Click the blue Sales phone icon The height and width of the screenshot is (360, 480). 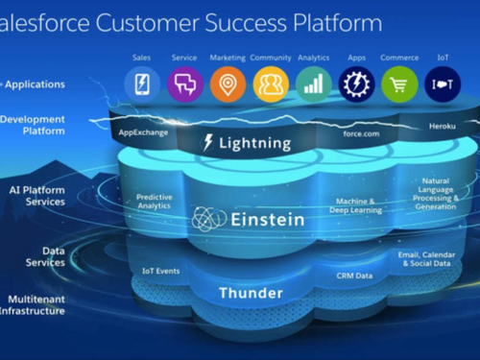[x=142, y=84]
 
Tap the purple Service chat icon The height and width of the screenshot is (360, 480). [x=184, y=84]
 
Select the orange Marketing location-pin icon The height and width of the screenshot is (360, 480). [x=228, y=84]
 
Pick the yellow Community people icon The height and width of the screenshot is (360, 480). [x=271, y=84]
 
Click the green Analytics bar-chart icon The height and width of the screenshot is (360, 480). [x=314, y=84]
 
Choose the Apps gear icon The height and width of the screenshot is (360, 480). [x=356, y=84]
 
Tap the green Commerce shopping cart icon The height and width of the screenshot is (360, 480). [x=399, y=84]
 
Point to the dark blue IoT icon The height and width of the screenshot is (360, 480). [x=443, y=84]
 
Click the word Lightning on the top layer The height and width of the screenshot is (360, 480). [x=254, y=144]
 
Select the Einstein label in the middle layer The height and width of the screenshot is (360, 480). [x=267, y=220]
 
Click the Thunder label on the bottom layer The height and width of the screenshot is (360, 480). [x=250, y=293]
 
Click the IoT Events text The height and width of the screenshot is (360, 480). [x=160, y=272]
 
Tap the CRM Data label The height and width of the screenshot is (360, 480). [x=353, y=276]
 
